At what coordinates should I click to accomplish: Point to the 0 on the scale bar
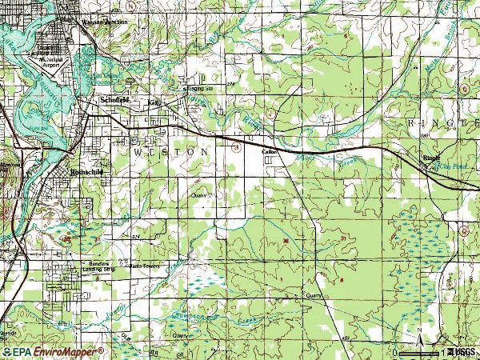click(395, 352)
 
